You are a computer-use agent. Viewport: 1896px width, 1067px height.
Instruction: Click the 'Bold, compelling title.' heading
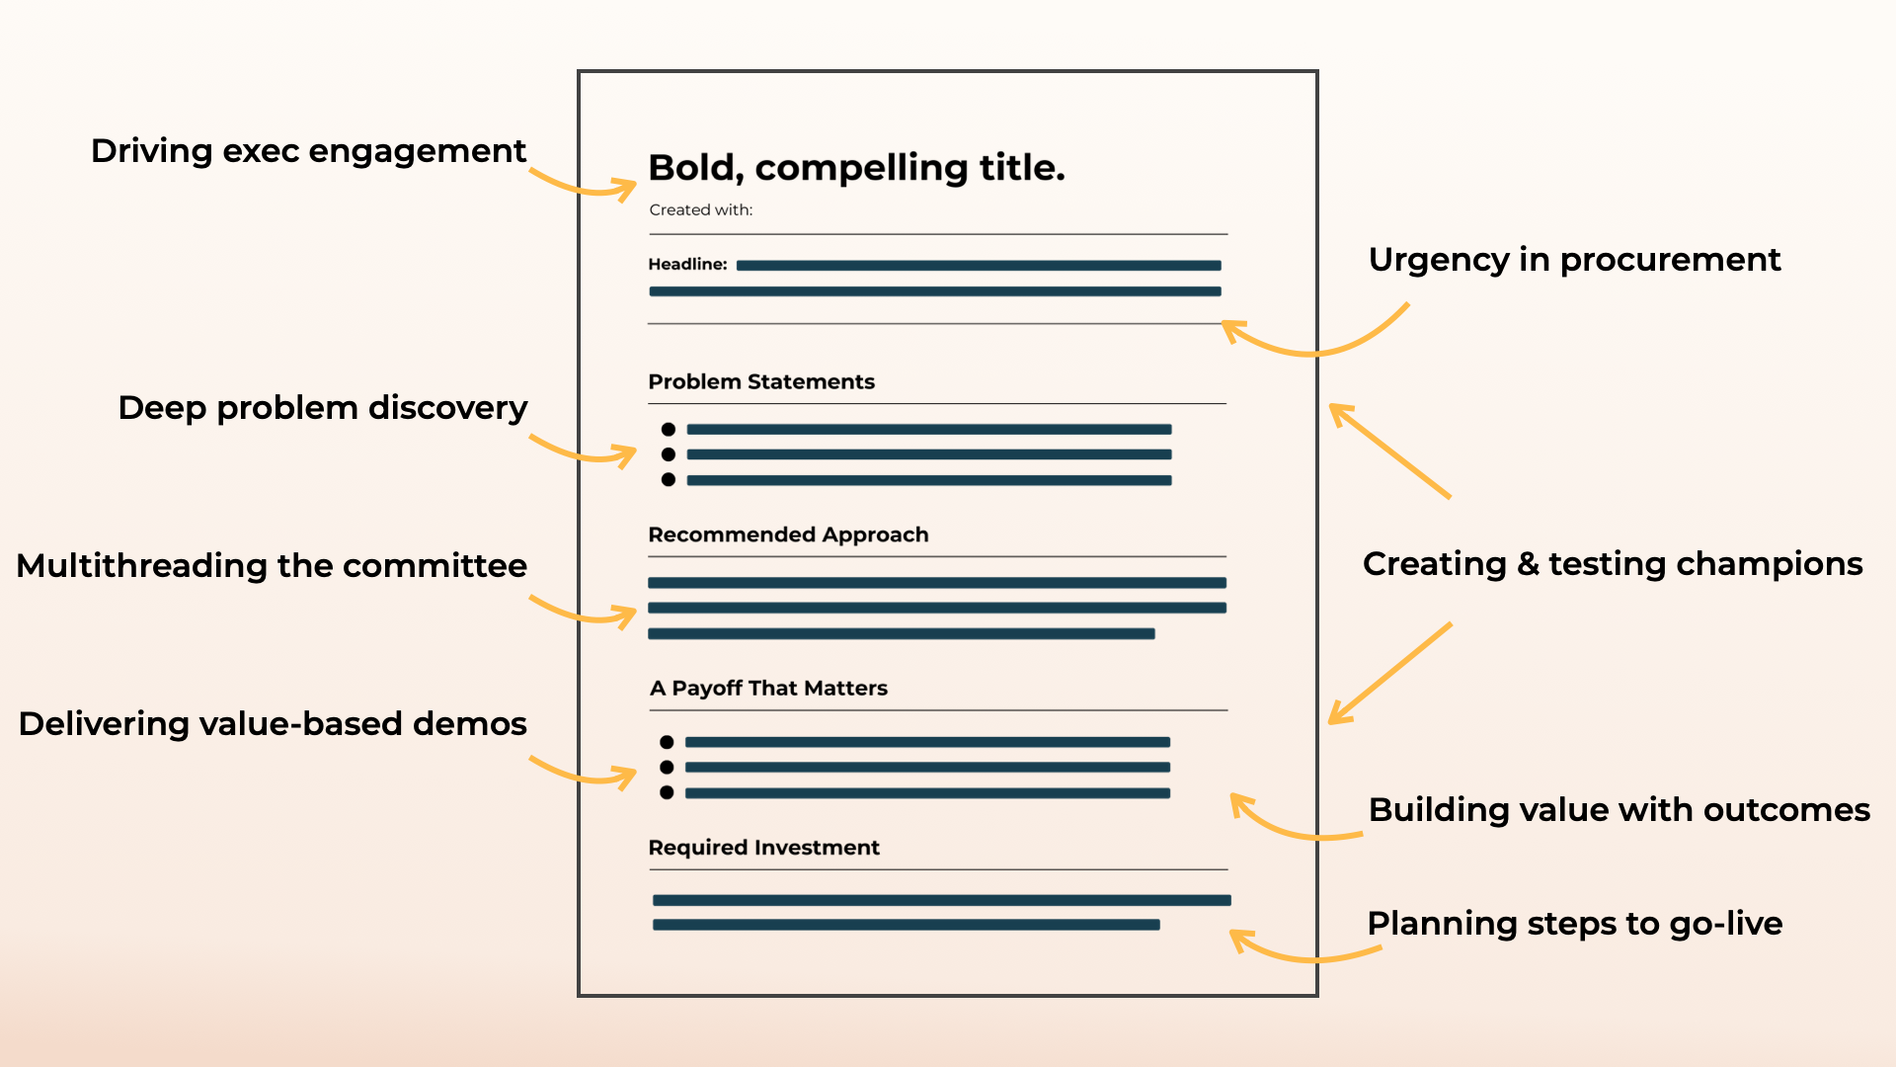856,168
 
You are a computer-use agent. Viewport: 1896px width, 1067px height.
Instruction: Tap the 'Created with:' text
700,209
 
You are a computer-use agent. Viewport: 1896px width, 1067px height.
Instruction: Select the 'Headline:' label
687,264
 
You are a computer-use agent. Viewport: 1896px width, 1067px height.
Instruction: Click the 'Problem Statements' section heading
761,381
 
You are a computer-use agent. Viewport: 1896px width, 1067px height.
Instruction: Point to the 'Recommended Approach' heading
788,534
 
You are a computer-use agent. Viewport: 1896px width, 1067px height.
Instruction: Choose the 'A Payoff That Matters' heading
768,688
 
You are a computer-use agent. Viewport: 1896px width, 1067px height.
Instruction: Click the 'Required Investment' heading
763,847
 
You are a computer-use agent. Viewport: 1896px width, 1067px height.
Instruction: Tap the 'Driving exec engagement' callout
308,151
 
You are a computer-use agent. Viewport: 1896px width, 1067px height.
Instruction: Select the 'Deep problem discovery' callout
322,408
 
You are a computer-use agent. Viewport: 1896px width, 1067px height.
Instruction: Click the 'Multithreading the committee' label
272,566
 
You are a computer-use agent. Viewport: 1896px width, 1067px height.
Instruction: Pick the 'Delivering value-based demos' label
273,724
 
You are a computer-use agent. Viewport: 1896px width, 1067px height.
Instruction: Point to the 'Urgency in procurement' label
1574,260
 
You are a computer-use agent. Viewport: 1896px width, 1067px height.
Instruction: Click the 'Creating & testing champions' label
1612,564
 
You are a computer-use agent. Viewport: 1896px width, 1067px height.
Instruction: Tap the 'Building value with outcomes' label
1619,810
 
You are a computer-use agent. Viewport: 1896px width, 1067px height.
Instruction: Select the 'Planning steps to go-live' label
1574,924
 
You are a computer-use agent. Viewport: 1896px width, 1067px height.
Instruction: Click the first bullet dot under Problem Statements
669,429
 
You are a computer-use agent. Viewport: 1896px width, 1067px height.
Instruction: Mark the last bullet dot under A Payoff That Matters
667,792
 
